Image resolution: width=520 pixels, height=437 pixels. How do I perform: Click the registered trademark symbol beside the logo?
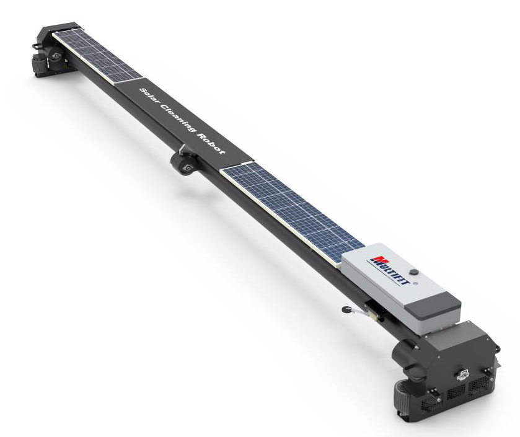point(415,284)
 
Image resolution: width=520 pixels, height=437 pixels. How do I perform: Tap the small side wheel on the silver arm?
point(346,309)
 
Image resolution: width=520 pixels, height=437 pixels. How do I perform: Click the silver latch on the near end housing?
point(463,374)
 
